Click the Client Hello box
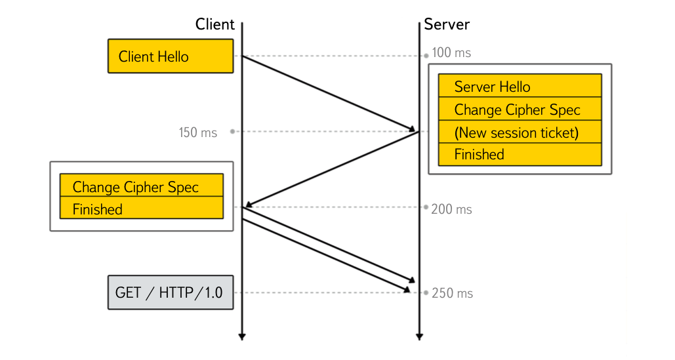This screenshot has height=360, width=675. click(170, 56)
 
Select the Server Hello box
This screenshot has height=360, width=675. click(520, 87)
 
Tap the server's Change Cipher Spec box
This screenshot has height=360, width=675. click(520, 110)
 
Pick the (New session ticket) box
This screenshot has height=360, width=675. click(520, 132)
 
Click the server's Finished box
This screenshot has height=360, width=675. click(520, 155)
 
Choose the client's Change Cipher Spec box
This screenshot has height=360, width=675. click(141, 187)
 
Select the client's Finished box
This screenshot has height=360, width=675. click(141, 209)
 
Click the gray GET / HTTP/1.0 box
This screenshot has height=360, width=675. click(170, 292)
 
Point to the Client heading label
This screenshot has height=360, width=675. click(215, 24)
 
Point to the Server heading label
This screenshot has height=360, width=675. click(447, 24)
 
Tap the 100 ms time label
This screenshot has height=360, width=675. click(451, 52)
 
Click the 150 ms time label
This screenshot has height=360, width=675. click(197, 132)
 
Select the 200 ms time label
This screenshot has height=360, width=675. click(451, 209)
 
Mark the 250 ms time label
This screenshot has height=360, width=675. click(452, 293)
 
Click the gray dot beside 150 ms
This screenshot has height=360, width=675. click(232, 132)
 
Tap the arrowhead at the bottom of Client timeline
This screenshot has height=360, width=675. click(242, 336)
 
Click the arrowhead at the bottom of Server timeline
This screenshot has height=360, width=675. click(419, 336)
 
